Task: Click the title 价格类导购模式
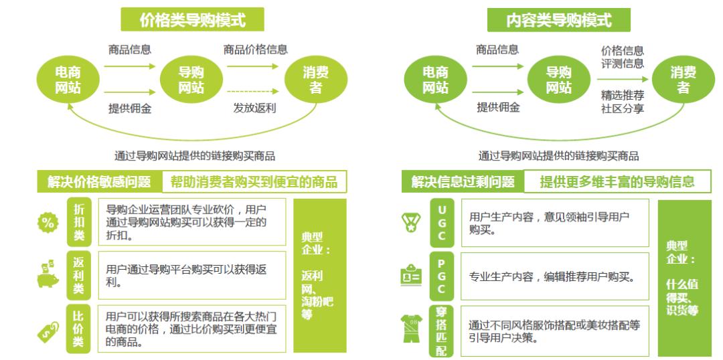pyautogui.click(x=192, y=20)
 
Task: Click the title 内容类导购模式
pyautogui.click(x=558, y=20)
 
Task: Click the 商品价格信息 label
pyautogui.click(x=256, y=50)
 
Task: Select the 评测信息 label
pyautogui.click(x=623, y=64)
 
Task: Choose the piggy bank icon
pyautogui.click(x=47, y=274)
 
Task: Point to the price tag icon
pyautogui.click(x=47, y=328)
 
